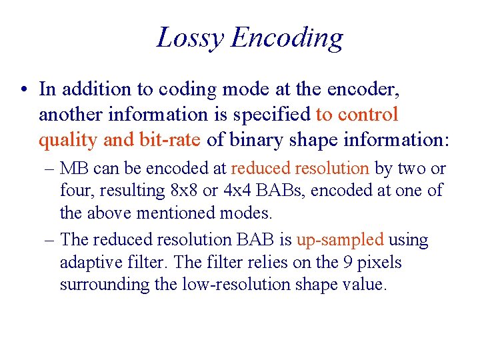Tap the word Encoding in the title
[x=287, y=38]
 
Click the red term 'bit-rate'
[x=167, y=141]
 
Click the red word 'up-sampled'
[x=340, y=240]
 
